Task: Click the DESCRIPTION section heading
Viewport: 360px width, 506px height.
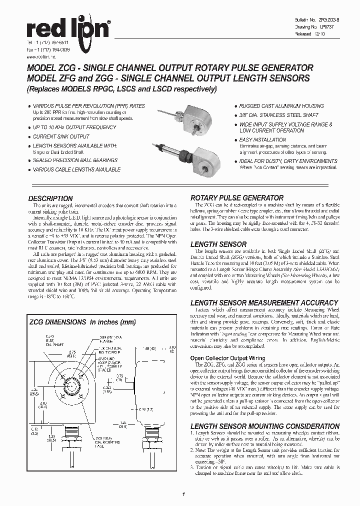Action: (50, 198)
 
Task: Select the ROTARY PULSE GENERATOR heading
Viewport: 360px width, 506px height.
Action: (237, 198)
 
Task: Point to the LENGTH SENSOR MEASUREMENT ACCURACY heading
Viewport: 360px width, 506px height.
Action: (264, 302)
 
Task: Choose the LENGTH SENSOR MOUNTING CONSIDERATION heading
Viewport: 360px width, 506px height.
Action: (265, 426)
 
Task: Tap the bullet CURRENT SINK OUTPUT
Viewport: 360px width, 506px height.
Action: (60, 136)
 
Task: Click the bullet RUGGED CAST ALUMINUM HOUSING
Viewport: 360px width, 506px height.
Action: (281, 106)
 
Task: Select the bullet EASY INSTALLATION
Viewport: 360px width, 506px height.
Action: (262, 140)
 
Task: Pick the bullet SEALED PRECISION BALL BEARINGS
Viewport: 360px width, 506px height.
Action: (75, 160)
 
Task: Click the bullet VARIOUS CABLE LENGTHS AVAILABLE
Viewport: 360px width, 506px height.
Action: (76, 170)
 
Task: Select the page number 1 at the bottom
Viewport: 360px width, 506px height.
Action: (183, 494)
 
